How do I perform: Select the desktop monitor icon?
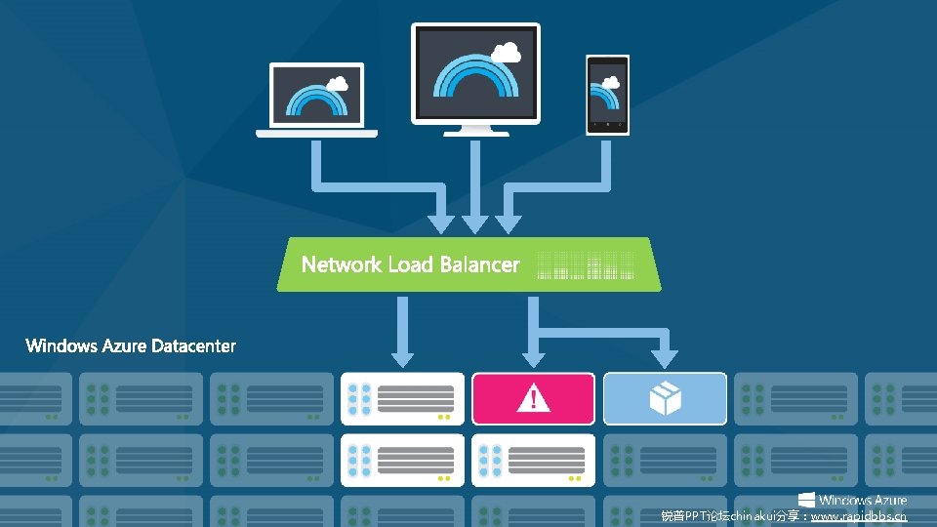475,76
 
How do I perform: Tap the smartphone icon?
607,94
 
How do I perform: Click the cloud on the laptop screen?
338,82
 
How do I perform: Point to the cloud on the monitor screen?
506,51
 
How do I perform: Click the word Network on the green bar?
342,264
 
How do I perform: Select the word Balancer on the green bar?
479,264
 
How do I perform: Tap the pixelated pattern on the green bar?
586,265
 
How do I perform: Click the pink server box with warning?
533,398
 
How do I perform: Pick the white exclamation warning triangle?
533,397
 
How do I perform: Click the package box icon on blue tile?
665,397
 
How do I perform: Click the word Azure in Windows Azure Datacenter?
125,345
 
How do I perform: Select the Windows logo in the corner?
806,501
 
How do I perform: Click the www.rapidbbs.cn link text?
858,516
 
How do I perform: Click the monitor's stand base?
475,132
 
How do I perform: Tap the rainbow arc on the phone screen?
607,100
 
